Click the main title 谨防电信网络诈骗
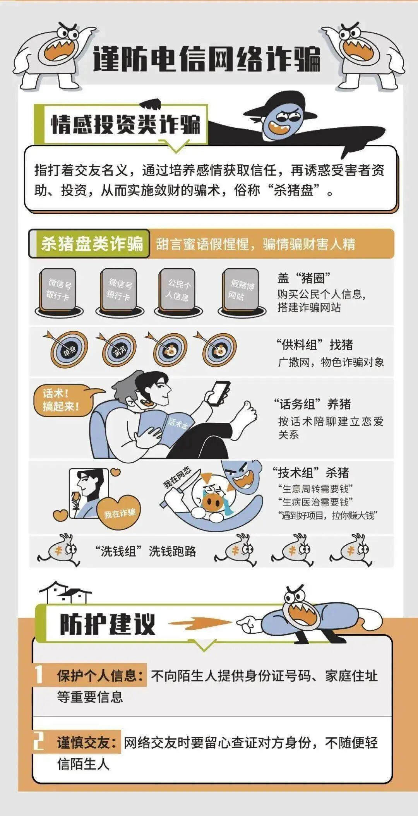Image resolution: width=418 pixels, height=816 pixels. pyautogui.click(x=207, y=59)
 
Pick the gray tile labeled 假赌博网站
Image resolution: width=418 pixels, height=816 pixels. pyautogui.click(x=241, y=290)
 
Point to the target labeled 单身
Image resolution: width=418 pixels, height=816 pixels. pyautogui.click(x=69, y=350)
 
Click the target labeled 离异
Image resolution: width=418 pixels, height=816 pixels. pyautogui.click(x=119, y=350)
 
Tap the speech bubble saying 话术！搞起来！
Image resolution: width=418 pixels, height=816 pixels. pyautogui.click(x=62, y=401)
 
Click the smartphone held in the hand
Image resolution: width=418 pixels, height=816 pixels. pyautogui.click(x=219, y=393)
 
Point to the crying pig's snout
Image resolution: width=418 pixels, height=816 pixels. pyautogui.click(x=212, y=502)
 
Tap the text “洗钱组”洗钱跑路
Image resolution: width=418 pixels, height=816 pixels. pyautogui.click(x=146, y=551)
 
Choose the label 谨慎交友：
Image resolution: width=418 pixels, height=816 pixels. pyautogui.click(x=87, y=742)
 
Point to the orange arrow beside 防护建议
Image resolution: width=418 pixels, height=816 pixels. pyautogui.click(x=199, y=623)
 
